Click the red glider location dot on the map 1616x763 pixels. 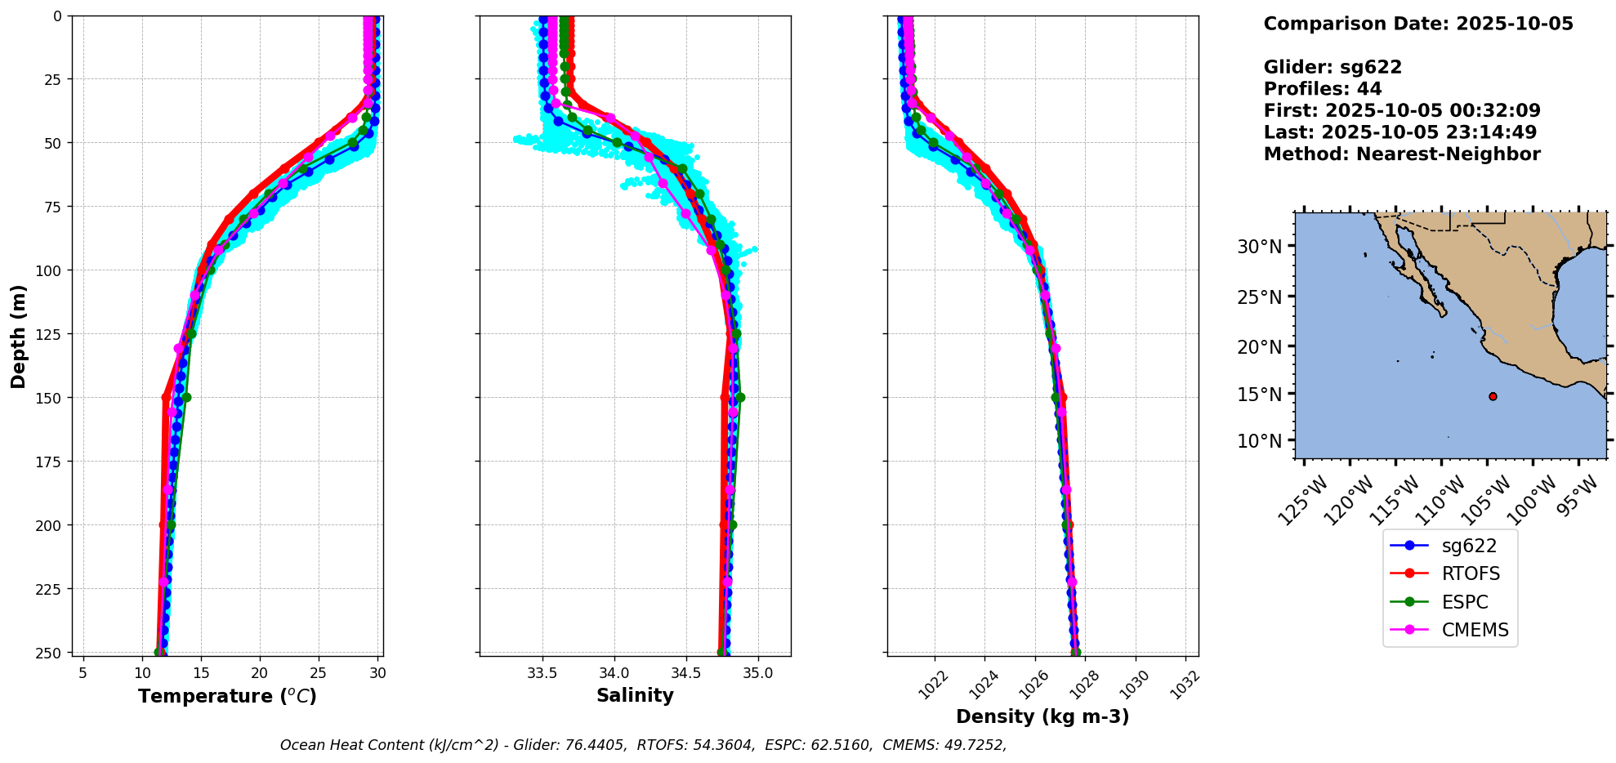coord(1493,396)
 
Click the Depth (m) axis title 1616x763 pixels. coord(18,336)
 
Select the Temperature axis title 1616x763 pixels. coord(227,696)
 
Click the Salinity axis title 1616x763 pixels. coord(635,695)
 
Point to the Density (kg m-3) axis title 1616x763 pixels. coord(1042,716)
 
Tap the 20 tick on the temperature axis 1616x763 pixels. coord(260,673)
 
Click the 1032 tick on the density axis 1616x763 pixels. coord(1185,685)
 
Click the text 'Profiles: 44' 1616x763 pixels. coord(1322,89)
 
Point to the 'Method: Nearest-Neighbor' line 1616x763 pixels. coord(1401,154)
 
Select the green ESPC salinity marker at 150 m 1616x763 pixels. coord(740,398)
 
